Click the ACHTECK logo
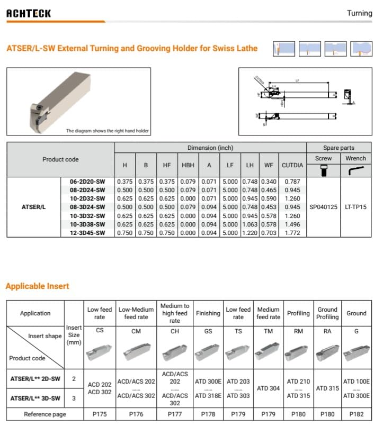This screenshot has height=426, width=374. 29,13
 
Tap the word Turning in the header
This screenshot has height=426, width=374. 359,13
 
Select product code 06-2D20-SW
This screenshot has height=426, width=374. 88,182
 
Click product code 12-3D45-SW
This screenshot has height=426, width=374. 88,232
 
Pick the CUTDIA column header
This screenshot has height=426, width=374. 292,165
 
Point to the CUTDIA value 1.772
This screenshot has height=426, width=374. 292,232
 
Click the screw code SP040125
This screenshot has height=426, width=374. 323,207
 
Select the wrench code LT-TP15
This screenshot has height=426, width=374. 355,207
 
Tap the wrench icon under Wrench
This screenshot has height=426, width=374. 355,170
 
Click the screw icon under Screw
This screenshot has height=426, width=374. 323,170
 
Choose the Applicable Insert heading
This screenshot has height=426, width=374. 37,286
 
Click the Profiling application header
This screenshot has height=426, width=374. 298,313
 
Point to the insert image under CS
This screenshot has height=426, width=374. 100,351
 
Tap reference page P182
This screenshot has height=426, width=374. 356,414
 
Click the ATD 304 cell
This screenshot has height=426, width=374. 268,388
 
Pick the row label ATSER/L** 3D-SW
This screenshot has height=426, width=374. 35,397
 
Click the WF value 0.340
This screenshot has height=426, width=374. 269,182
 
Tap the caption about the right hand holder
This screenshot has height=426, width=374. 107,131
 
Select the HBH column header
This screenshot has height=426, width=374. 188,165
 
